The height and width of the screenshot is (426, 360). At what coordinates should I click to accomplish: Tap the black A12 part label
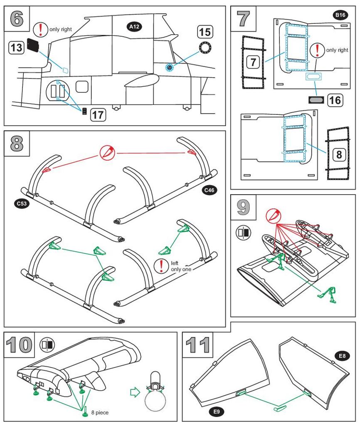coord(134,27)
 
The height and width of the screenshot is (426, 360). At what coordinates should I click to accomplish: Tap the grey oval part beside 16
coord(316,100)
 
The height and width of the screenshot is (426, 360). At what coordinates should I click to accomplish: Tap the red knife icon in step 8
coord(106,153)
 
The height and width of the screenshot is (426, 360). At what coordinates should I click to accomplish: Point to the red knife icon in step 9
coord(272,215)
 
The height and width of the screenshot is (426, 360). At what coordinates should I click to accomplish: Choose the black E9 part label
coord(215,412)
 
